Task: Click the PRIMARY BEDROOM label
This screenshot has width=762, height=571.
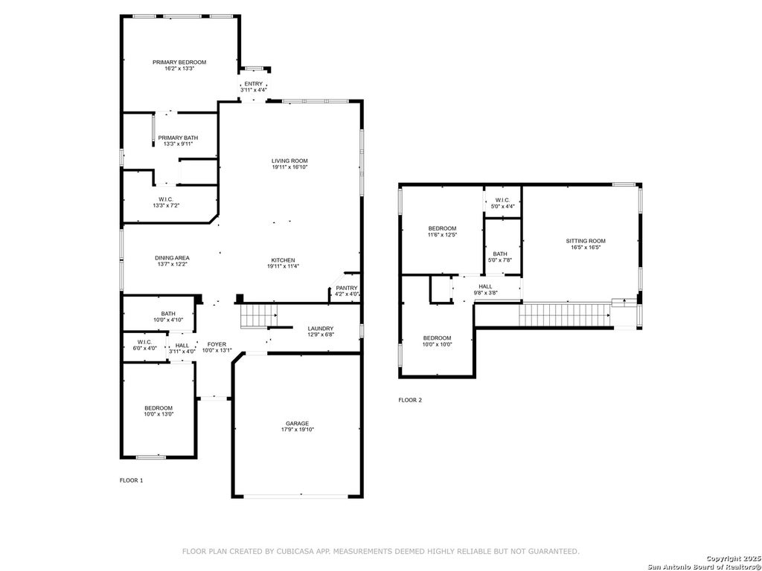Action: coord(179,62)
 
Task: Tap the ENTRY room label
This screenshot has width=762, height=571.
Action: coord(253,84)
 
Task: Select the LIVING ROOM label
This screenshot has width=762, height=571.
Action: coord(289,161)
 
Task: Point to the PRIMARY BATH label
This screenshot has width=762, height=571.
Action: coord(178,138)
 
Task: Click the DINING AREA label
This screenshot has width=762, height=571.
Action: coord(172,258)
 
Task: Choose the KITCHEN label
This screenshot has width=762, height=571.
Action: coord(283,260)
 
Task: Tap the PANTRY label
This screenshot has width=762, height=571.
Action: coord(347,288)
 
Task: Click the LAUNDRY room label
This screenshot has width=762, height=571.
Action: coord(321,328)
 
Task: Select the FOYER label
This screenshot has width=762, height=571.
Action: coord(217,344)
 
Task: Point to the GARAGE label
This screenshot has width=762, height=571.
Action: coord(298,423)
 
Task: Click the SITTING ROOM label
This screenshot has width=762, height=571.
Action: coord(586,241)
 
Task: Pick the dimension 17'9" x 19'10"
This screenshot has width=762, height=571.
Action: coord(298,430)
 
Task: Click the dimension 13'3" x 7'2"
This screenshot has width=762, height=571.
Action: coord(166,205)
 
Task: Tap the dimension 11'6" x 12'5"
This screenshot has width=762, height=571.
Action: coord(442,234)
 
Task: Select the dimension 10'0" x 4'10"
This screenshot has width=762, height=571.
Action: coord(168,320)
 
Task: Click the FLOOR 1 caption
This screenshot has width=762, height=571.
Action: coord(131,481)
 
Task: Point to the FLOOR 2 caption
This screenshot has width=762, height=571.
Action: coord(410,400)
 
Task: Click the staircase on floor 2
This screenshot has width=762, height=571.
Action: coord(566,315)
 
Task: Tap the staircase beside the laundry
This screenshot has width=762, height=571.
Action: coord(259,315)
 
